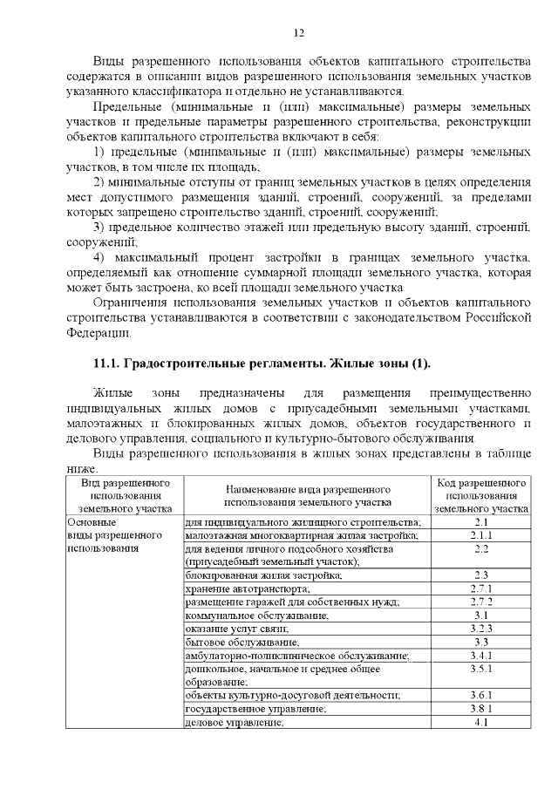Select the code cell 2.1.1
coord(481,535)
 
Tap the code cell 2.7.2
coord(481,602)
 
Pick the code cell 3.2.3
coord(481,628)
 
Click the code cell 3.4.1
coord(481,655)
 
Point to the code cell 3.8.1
coord(481,709)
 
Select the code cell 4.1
coord(481,722)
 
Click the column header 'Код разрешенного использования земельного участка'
coord(481,494)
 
